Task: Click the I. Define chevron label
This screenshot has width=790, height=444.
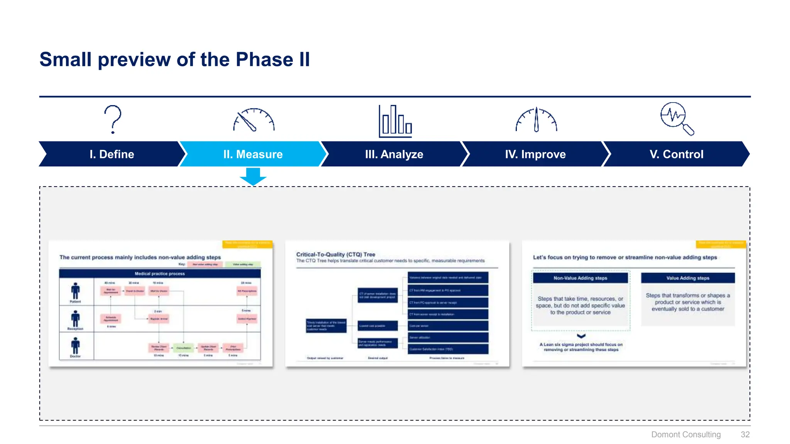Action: pyautogui.click(x=112, y=154)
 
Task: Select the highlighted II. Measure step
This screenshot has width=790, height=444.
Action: pyautogui.click(x=253, y=154)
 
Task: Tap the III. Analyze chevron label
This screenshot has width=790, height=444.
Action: pyautogui.click(x=394, y=154)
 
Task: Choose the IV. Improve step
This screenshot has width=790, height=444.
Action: pyautogui.click(x=535, y=154)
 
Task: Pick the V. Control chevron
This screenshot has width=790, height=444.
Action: pyautogui.click(x=676, y=154)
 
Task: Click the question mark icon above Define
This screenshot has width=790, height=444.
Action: pyautogui.click(x=113, y=119)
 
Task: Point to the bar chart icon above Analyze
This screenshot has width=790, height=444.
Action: pyautogui.click(x=395, y=121)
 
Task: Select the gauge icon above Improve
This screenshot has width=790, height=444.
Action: pyautogui.click(x=536, y=120)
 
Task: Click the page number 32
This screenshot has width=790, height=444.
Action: pyautogui.click(x=745, y=434)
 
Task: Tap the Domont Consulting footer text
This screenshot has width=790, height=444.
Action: pyautogui.click(x=686, y=434)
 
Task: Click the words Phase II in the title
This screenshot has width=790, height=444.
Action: pyautogui.click(x=273, y=59)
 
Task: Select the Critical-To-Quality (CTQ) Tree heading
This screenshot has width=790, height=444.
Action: pyautogui.click(x=336, y=254)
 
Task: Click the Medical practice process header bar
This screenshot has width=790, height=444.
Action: pyautogui.click(x=160, y=274)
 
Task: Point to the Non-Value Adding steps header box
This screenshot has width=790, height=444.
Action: pyautogui.click(x=580, y=278)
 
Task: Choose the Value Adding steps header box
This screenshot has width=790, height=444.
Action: pyautogui.click(x=688, y=278)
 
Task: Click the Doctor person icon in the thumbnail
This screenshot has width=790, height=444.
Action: pyautogui.click(x=75, y=346)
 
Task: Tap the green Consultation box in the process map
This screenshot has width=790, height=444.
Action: pyautogui.click(x=184, y=348)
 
